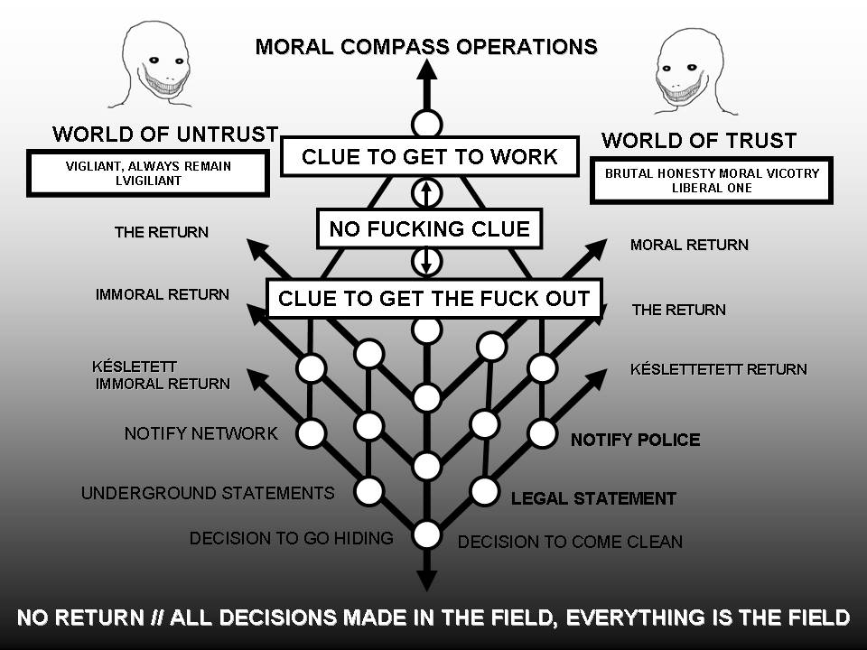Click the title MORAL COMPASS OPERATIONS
pos(426,46)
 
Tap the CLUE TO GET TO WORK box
pos(429,156)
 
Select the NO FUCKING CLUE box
pos(429,228)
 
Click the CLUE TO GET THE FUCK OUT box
pos(433,299)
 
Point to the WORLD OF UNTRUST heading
pos(165,135)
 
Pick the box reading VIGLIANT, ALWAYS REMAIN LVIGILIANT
pos(149,173)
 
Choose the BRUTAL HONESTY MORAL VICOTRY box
pos(711,181)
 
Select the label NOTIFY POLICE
pos(635,440)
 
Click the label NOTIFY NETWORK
pos(200,433)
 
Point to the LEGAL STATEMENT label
pos(593,497)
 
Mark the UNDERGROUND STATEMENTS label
pos(208,493)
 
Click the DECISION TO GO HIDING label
pos(291,538)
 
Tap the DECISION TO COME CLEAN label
pos(570,542)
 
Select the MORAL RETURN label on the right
pos(689,245)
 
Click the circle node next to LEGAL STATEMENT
pos(485,491)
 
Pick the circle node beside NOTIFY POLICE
pos(542,433)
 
